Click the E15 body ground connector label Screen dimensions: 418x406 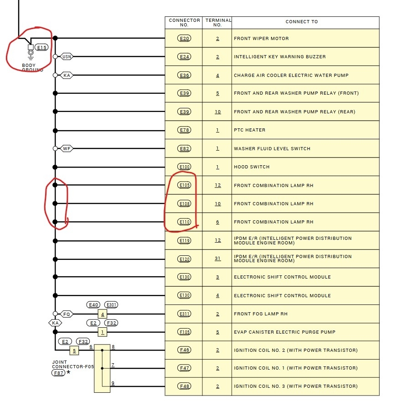click(x=41, y=47)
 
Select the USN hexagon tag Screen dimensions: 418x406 click(x=67, y=56)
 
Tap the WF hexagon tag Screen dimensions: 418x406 click(x=67, y=148)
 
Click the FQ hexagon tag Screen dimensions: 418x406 click(x=67, y=314)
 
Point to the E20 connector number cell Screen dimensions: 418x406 click(x=184, y=38)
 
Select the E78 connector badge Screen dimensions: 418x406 click(x=184, y=130)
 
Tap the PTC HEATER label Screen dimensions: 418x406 click(x=250, y=130)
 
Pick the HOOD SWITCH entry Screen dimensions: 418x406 click(x=252, y=167)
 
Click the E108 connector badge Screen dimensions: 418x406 click(x=184, y=203)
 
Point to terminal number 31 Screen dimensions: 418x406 click(x=217, y=259)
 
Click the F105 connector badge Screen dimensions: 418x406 click(x=184, y=332)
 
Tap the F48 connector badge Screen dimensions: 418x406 click(x=184, y=386)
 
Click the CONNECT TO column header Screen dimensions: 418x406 click(x=302, y=22)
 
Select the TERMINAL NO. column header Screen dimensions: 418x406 click(x=218, y=22)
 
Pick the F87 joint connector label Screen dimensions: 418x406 click(x=58, y=373)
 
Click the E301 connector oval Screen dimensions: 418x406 click(x=111, y=304)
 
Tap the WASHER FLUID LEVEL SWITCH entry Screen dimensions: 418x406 click(x=272, y=148)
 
